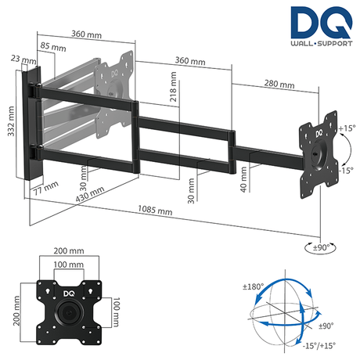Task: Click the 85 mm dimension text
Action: click(x=56, y=46)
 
